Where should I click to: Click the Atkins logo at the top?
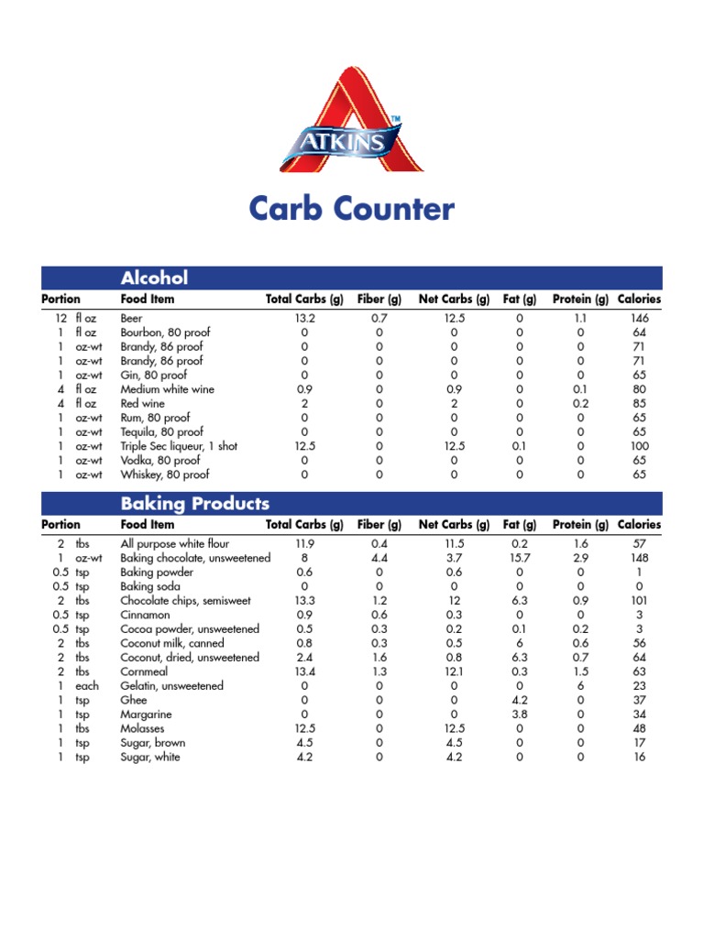[x=351, y=120]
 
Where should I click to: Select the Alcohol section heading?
[x=154, y=278]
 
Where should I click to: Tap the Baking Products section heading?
[x=195, y=504]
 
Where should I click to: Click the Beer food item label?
[x=132, y=318]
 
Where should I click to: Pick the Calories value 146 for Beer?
[x=639, y=318]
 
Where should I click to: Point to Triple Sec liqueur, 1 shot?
[x=179, y=446]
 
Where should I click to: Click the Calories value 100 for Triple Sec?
[x=639, y=446]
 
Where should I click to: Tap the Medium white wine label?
[x=167, y=389]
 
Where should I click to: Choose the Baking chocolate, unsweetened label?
[x=195, y=558]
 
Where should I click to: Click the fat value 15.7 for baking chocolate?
[x=519, y=558]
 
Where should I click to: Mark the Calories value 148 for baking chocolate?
[x=639, y=558]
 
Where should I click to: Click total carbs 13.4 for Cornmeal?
[x=304, y=671]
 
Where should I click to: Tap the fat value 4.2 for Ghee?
[x=519, y=700]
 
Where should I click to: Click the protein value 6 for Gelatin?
[x=580, y=686]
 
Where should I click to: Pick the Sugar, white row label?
[x=150, y=757]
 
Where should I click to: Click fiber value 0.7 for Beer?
[x=379, y=318]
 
